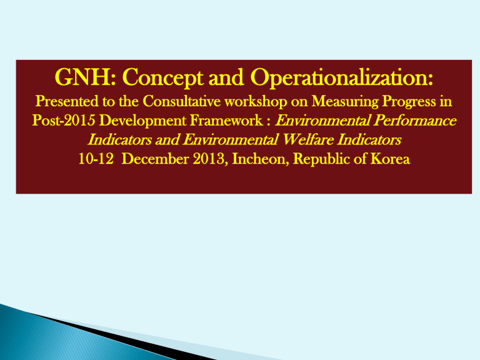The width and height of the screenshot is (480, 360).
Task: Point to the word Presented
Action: pos(67,101)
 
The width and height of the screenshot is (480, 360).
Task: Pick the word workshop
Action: pos(256,102)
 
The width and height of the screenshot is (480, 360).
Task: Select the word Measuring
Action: pos(345,102)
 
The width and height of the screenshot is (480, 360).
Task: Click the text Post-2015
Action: pos(64,120)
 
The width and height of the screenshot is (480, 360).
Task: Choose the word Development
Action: pos(143,121)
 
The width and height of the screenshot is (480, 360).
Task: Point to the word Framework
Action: pos(226,120)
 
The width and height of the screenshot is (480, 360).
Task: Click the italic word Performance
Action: pos(415,120)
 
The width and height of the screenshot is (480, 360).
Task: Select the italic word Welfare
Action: pos(307,139)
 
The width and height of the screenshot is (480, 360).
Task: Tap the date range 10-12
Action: pos(96,159)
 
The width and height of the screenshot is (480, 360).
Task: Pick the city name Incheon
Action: pos(261,159)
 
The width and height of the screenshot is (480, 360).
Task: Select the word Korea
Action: pos(390,159)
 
